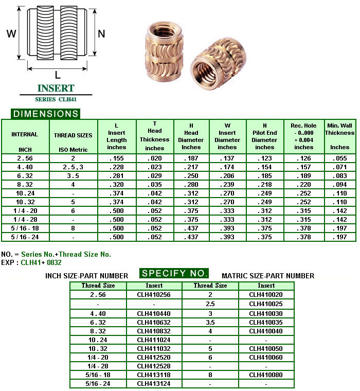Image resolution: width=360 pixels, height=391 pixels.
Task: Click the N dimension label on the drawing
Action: point(101,33)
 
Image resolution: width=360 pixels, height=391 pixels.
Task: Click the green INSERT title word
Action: point(56,88)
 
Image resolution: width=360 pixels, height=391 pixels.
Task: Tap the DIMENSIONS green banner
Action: point(46,114)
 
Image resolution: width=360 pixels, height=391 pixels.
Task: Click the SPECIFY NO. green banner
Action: point(175,273)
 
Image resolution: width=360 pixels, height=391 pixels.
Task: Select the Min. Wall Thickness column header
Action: point(339,136)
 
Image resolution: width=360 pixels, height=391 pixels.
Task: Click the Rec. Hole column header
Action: point(303,136)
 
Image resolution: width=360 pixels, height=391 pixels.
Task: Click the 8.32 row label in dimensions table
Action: point(25,184)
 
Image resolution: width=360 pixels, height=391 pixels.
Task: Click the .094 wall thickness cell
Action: point(339,184)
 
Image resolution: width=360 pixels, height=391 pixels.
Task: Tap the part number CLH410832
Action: point(154,331)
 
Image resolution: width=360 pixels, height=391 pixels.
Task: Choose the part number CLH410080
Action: point(266,375)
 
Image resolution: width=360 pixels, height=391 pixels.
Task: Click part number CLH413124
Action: point(154,384)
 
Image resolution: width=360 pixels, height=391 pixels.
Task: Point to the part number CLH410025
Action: point(266,304)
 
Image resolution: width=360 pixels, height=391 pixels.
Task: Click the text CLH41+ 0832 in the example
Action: point(41,262)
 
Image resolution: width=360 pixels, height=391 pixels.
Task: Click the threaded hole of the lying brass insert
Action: point(209,65)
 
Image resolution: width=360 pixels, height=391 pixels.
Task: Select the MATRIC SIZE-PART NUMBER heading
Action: point(267,276)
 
